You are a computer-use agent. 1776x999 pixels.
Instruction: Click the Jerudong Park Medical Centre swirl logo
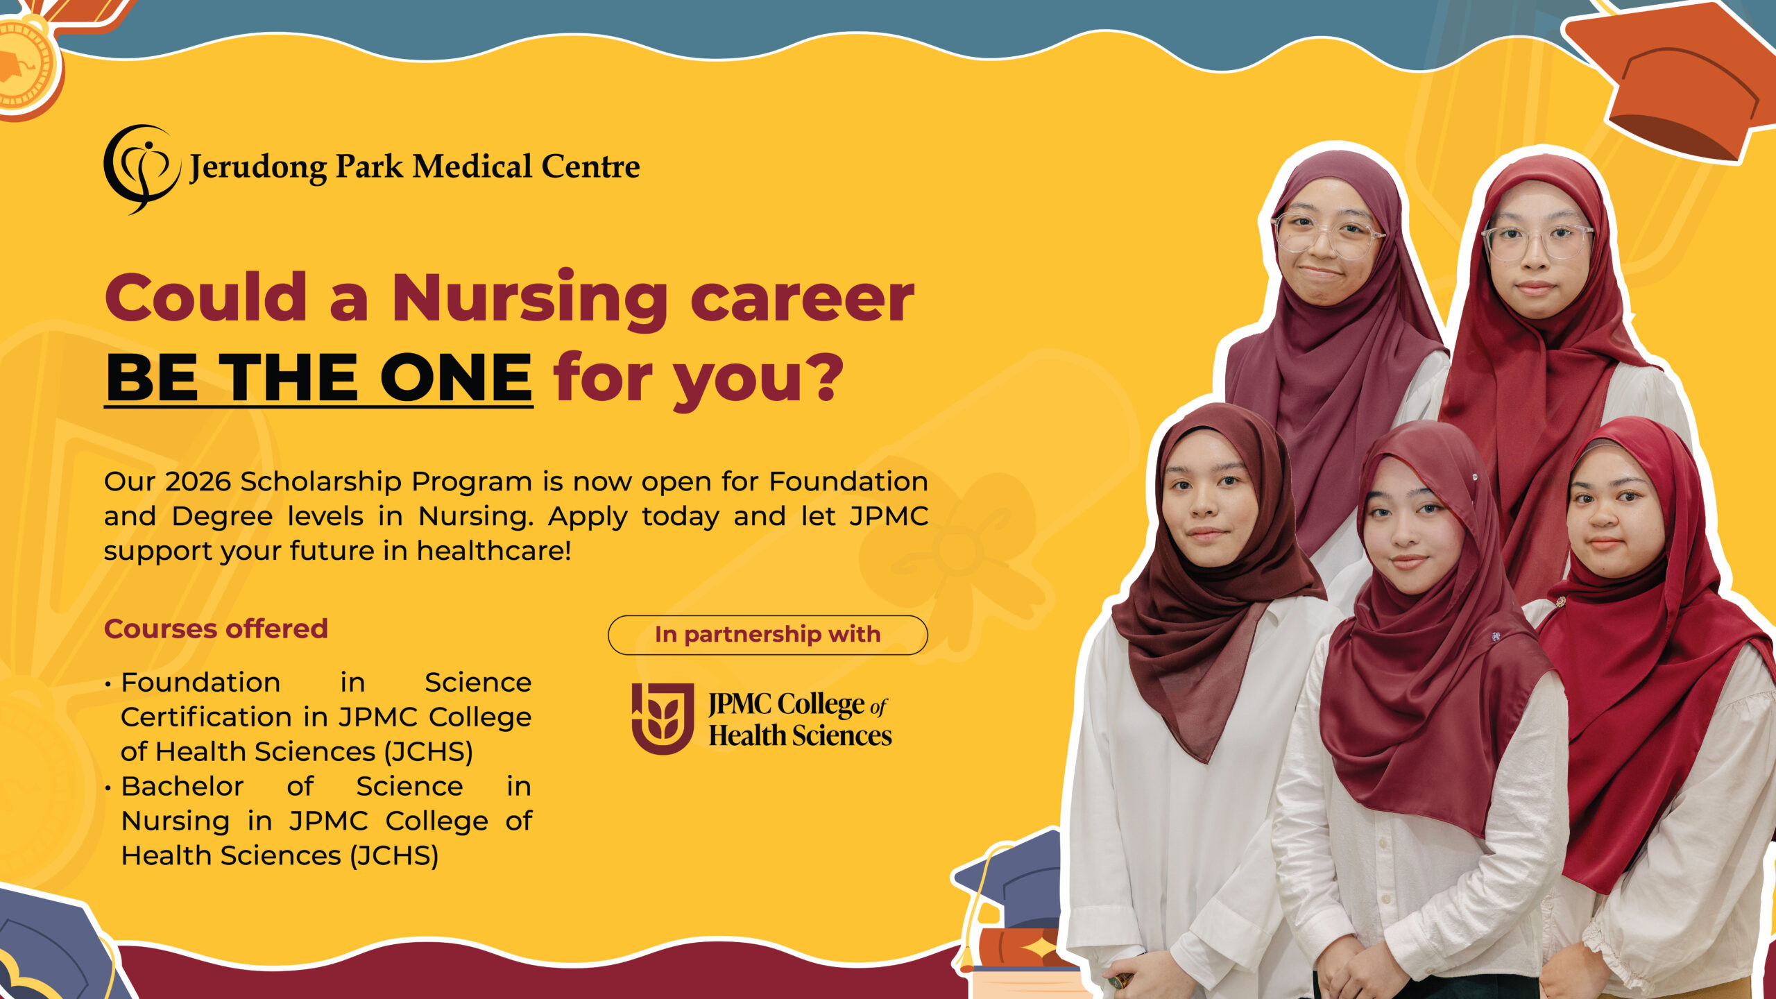click(x=141, y=169)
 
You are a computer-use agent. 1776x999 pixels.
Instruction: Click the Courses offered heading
click(x=216, y=629)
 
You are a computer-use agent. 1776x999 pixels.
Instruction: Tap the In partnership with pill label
click(x=768, y=635)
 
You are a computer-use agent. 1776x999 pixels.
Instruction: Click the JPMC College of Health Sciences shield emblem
click(x=663, y=718)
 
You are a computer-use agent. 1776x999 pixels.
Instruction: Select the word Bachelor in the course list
click(x=182, y=786)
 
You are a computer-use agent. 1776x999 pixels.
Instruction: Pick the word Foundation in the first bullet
click(x=200, y=682)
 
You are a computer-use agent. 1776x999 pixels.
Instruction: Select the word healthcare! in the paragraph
click(x=494, y=551)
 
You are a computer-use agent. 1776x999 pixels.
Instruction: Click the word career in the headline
click(x=803, y=300)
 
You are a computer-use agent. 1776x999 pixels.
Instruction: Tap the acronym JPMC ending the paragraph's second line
click(x=889, y=516)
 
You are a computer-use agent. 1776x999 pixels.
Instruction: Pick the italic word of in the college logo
click(x=878, y=707)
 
